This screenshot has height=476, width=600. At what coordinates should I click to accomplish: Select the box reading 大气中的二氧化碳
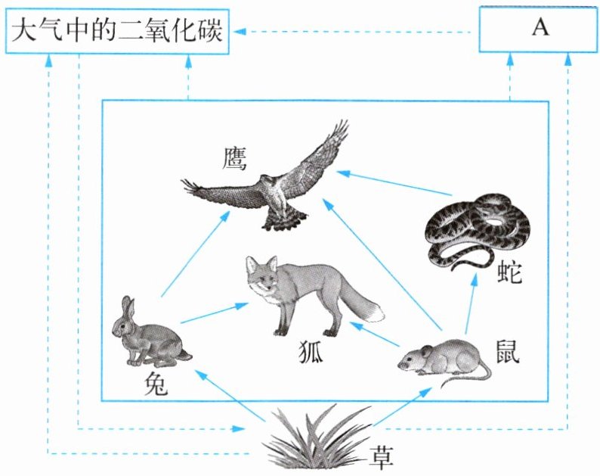pyautogui.click(x=117, y=32)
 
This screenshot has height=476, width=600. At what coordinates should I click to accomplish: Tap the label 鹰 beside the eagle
pyautogui.click(x=234, y=158)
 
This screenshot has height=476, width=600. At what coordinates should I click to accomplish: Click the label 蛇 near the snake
pyautogui.click(x=510, y=272)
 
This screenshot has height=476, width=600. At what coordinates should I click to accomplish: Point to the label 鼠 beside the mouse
pyautogui.click(x=508, y=351)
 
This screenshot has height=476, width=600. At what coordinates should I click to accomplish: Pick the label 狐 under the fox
pyautogui.click(x=311, y=352)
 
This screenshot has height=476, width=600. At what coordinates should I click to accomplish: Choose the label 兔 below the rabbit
pyautogui.click(x=156, y=384)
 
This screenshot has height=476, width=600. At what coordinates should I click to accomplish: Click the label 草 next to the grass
pyautogui.click(x=381, y=457)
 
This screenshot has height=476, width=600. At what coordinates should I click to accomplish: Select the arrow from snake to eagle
pyautogui.click(x=394, y=183)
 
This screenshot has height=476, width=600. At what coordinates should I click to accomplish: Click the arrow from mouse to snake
pyautogui.click(x=471, y=304)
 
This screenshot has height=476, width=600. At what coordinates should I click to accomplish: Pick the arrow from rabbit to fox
pyautogui.click(x=215, y=313)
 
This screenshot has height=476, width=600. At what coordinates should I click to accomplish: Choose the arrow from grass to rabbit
pyautogui.click(x=230, y=395)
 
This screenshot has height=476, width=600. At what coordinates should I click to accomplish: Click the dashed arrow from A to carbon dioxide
pyautogui.click(x=352, y=32)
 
